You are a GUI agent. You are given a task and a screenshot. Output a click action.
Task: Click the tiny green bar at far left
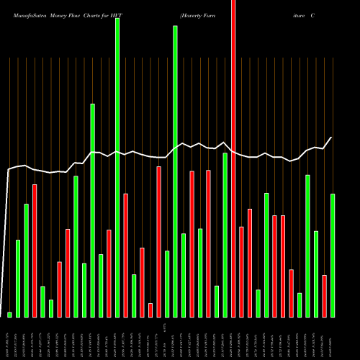(x=10, y=315)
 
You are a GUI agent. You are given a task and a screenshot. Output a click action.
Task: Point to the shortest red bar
(x=150, y=310)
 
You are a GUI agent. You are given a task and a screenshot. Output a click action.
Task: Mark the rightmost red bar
(x=325, y=296)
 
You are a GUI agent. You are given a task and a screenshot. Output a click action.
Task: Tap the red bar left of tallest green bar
(x=109, y=274)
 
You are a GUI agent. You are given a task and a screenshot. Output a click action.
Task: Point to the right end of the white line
(x=331, y=138)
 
